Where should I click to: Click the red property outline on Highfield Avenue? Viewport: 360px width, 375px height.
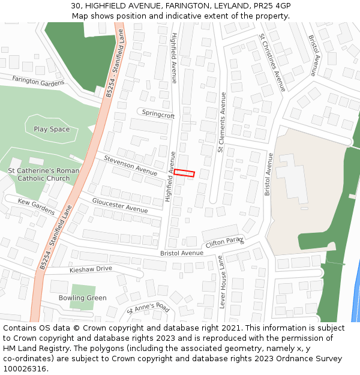[x=184, y=173]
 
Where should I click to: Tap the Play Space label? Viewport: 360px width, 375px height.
[x=52, y=129]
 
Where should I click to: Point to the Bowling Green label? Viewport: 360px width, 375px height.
[x=82, y=298]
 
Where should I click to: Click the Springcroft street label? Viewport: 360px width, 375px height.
[x=158, y=115]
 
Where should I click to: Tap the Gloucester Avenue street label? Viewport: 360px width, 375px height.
[x=119, y=205]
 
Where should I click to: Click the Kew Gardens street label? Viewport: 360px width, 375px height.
[x=36, y=206]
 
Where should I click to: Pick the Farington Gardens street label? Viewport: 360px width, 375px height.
[x=38, y=81]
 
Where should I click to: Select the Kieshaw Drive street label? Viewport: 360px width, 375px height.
[x=91, y=269]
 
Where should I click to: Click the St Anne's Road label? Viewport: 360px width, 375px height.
[x=148, y=308]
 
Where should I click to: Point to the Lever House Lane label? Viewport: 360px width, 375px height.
[x=221, y=282]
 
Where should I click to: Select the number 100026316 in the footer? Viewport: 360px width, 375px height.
[x=25, y=369]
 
